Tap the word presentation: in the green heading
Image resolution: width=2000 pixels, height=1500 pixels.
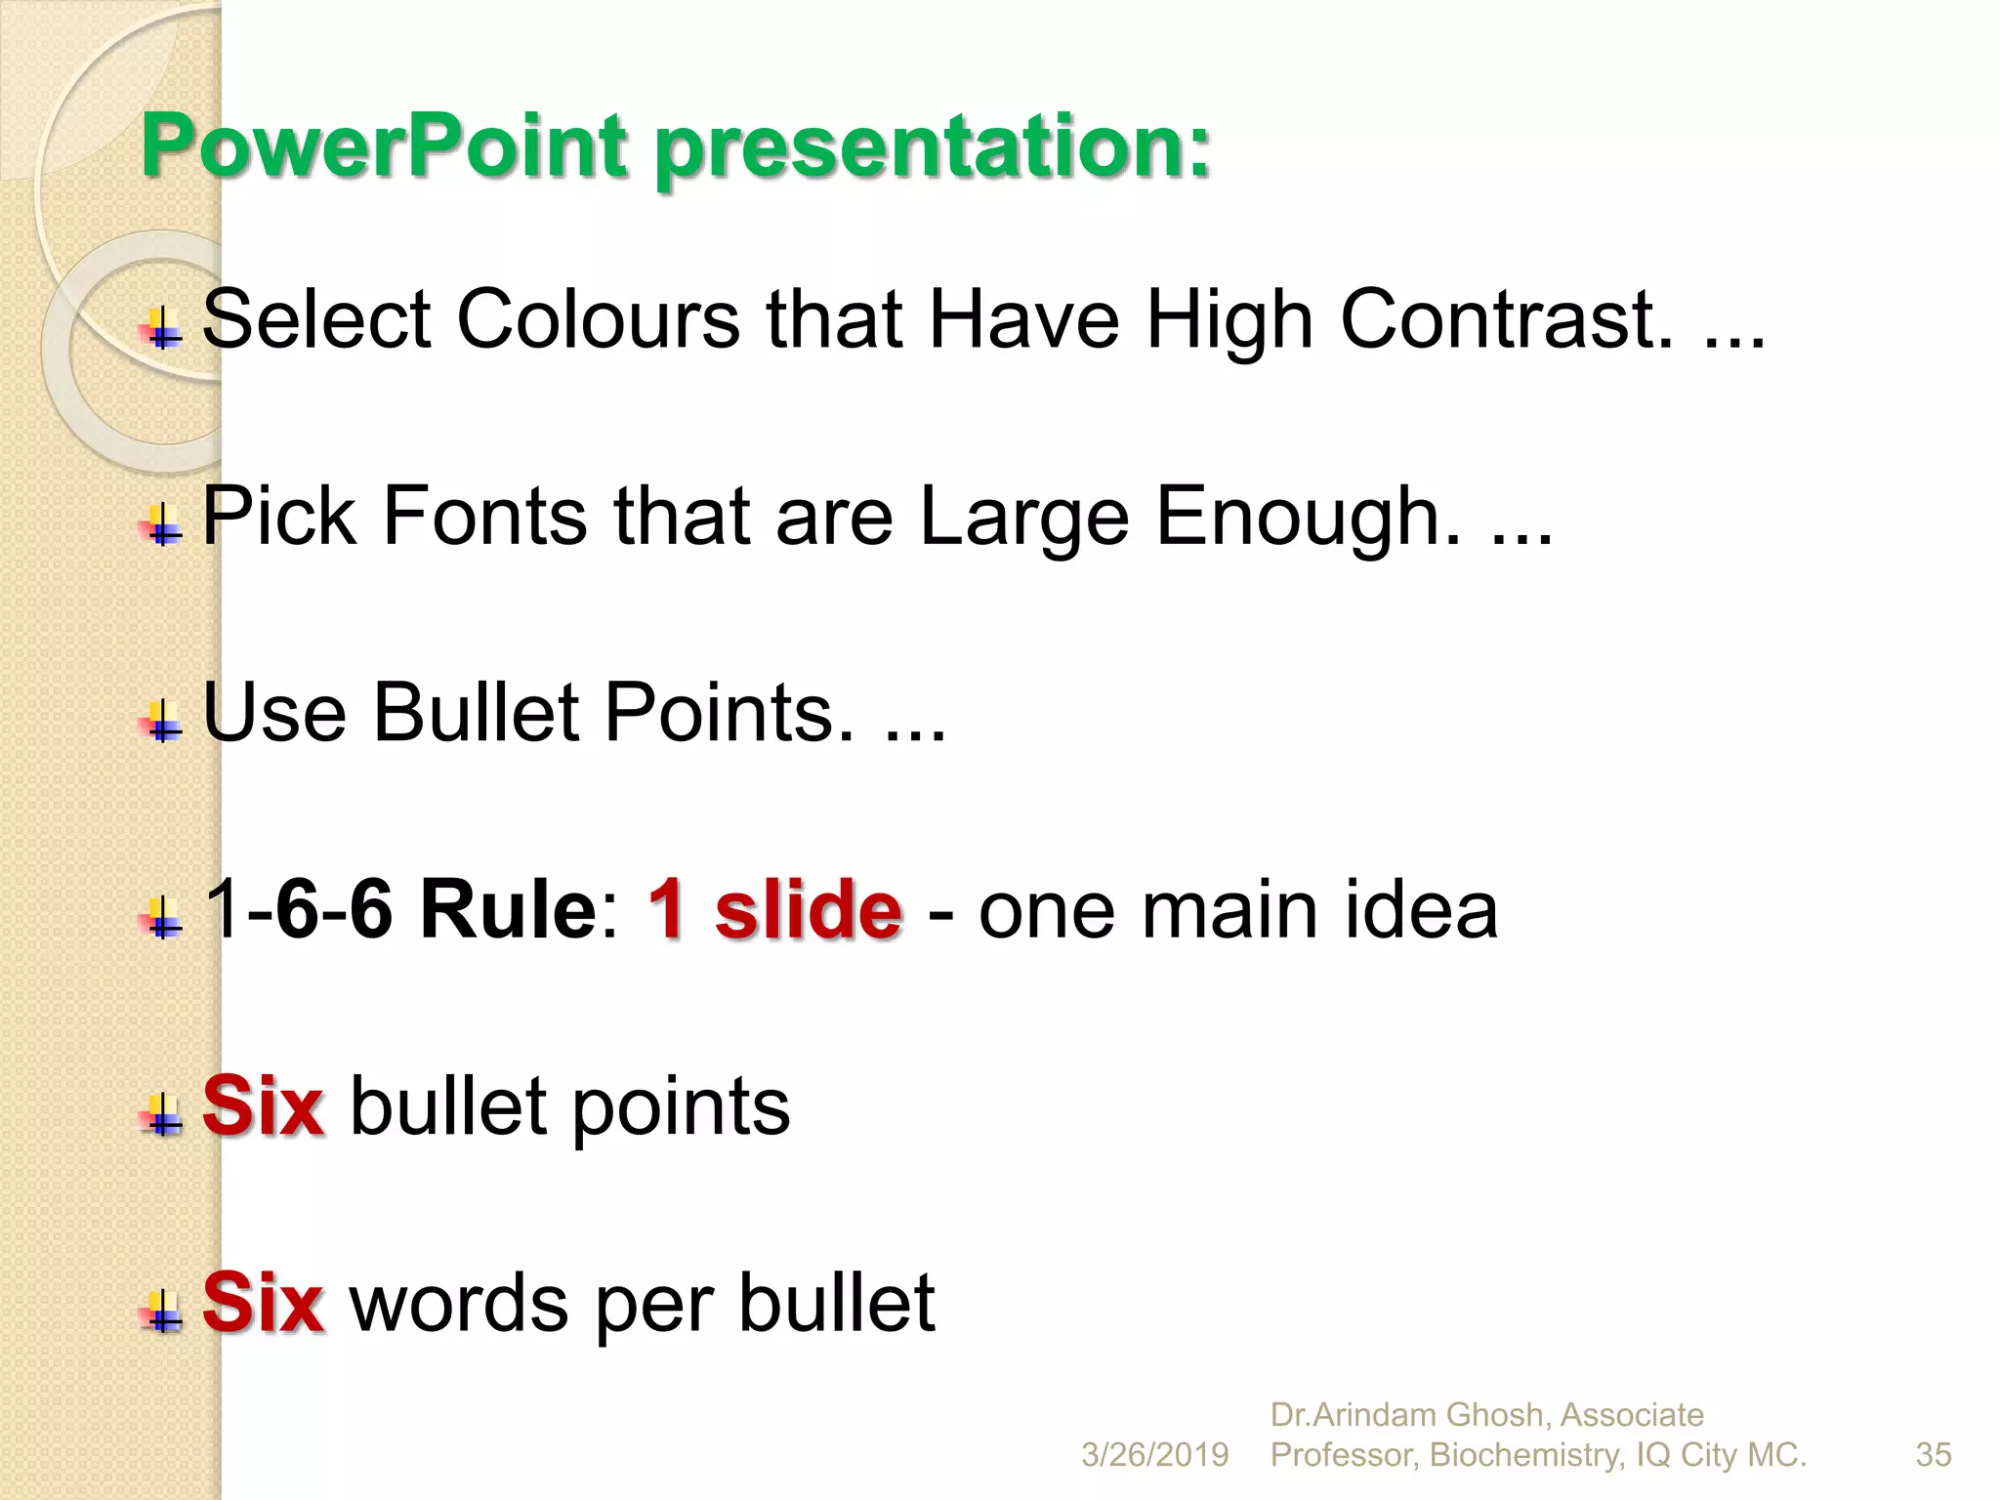coord(933,148)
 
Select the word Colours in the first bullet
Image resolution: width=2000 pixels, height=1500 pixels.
coord(598,319)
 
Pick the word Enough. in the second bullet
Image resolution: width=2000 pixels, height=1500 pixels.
coord(1309,518)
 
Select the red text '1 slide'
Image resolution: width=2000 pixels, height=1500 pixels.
coord(774,909)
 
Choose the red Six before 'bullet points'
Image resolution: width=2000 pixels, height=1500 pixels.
coord(263,1106)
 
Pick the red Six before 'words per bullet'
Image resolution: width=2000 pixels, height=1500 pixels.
coord(263,1303)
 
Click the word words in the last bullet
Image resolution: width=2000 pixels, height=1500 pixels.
coord(459,1303)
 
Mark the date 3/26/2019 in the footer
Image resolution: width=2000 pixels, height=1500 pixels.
coord(1154,1455)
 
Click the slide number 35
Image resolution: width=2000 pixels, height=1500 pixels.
coord(1934,1455)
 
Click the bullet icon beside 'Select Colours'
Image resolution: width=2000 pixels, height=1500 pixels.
coord(163,329)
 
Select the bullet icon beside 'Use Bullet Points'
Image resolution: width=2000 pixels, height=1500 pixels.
coord(163,723)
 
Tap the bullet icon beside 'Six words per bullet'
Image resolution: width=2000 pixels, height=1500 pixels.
coord(163,1312)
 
